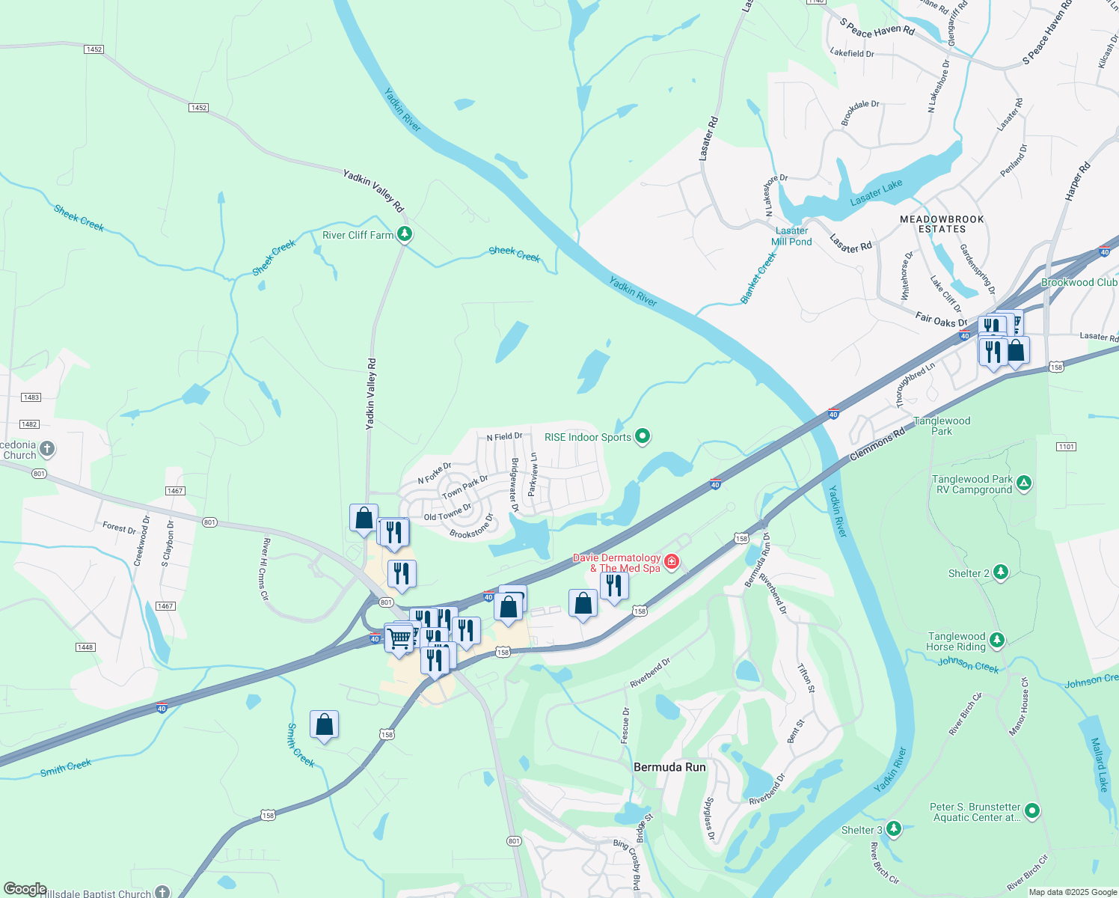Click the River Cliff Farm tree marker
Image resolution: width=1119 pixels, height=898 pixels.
point(405,235)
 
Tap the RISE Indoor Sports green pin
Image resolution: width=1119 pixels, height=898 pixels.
point(643,437)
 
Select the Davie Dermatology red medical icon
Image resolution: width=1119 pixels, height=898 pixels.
point(671,562)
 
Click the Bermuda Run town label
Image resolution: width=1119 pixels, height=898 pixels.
point(669,767)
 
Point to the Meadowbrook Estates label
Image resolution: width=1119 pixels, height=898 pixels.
point(942,224)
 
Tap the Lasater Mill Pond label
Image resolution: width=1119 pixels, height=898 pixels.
point(791,236)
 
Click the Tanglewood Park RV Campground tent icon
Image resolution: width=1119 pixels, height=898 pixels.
point(1024,483)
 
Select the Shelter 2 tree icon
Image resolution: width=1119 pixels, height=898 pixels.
point(1001,573)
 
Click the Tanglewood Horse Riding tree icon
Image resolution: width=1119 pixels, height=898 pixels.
point(996,641)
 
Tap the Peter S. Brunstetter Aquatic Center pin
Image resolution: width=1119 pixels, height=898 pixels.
point(1032,810)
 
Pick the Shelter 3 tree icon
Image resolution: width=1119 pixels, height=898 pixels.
point(893,829)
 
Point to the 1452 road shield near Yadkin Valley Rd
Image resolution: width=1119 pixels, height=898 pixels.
point(198,108)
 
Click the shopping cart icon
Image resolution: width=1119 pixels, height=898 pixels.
point(399,638)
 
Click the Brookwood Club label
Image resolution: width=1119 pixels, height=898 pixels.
point(1079,282)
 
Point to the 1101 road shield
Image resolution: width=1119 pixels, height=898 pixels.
point(1066,447)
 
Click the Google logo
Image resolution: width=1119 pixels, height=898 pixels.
point(25,889)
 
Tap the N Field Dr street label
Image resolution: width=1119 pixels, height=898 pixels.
point(504,436)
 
